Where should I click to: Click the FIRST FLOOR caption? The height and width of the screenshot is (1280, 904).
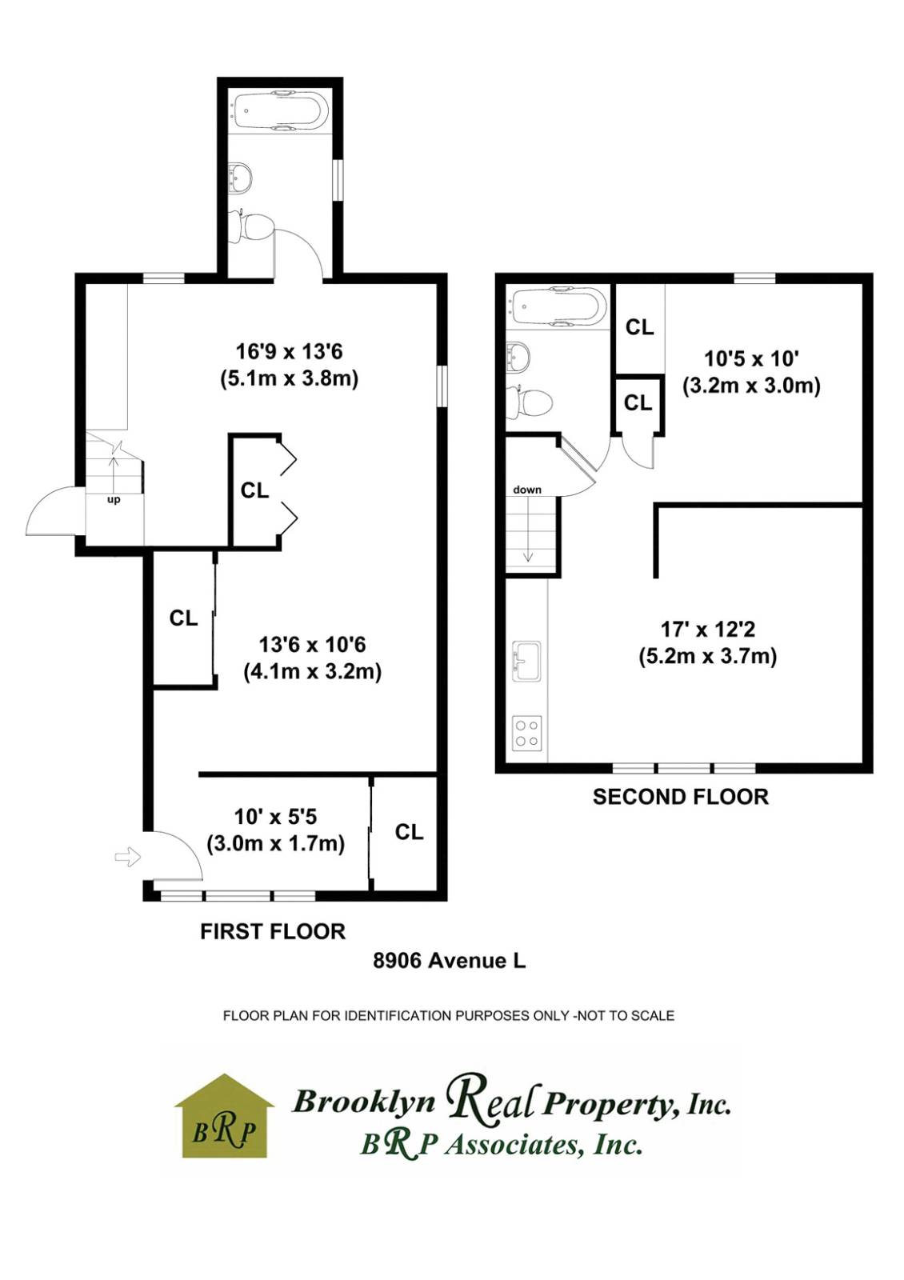point(273,931)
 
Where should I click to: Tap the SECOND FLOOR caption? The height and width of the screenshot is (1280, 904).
point(680,797)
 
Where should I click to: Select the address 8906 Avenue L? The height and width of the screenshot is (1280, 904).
point(450,960)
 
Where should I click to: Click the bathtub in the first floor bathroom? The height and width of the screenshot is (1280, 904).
point(279,111)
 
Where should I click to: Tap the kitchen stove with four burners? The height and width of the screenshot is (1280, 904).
point(526,733)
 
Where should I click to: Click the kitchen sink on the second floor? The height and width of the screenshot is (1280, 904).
point(526,661)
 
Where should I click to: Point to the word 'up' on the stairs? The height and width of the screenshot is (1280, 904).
point(114,500)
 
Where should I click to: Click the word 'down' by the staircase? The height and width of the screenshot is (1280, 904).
point(527,490)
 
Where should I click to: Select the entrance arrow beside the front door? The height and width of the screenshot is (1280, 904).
point(128,858)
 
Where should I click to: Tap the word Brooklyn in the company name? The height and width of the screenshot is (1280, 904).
point(364,1102)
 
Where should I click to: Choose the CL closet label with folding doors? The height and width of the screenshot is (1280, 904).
point(254,490)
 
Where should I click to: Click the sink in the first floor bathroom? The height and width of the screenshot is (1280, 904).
point(240,178)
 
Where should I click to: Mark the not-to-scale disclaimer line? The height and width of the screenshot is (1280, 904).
point(448,1016)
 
